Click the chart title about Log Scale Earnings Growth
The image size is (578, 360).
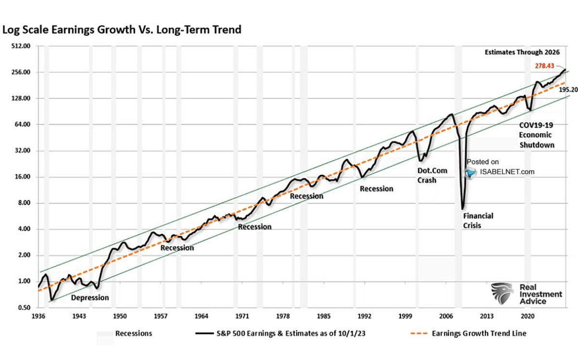pyautogui.click(x=122, y=30)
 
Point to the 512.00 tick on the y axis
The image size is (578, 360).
pyautogui.click(x=21, y=46)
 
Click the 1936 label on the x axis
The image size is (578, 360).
pyautogui.click(x=39, y=317)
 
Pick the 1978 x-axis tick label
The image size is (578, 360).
pyautogui.click(x=283, y=317)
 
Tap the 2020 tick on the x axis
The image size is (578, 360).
pyautogui.click(x=528, y=317)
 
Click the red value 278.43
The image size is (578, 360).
pyautogui.click(x=545, y=66)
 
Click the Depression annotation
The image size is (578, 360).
pyautogui.click(x=90, y=297)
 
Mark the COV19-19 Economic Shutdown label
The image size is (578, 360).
pyautogui.click(x=536, y=135)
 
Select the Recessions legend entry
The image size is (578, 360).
pyautogui.click(x=133, y=333)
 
